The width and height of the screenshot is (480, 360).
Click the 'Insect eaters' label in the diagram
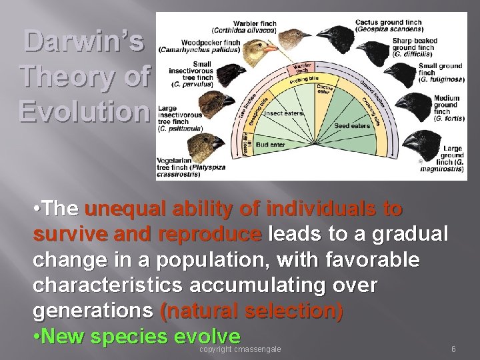pyautogui.click(x=285, y=113)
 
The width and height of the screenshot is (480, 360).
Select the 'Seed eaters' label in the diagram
pyautogui.click(x=351, y=125)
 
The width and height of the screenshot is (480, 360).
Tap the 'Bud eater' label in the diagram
pyautogui.click(x=270, y=144)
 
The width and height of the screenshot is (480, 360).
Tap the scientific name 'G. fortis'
pyautogui.click(x=449, y=118)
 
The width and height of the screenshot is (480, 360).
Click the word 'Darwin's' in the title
pyautogui.click(x=84, y=41)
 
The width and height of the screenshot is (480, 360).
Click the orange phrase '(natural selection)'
pyautogui.click(x=252, y=311)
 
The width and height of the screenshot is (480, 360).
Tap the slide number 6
pyautogui.click(x=453, y=349)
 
